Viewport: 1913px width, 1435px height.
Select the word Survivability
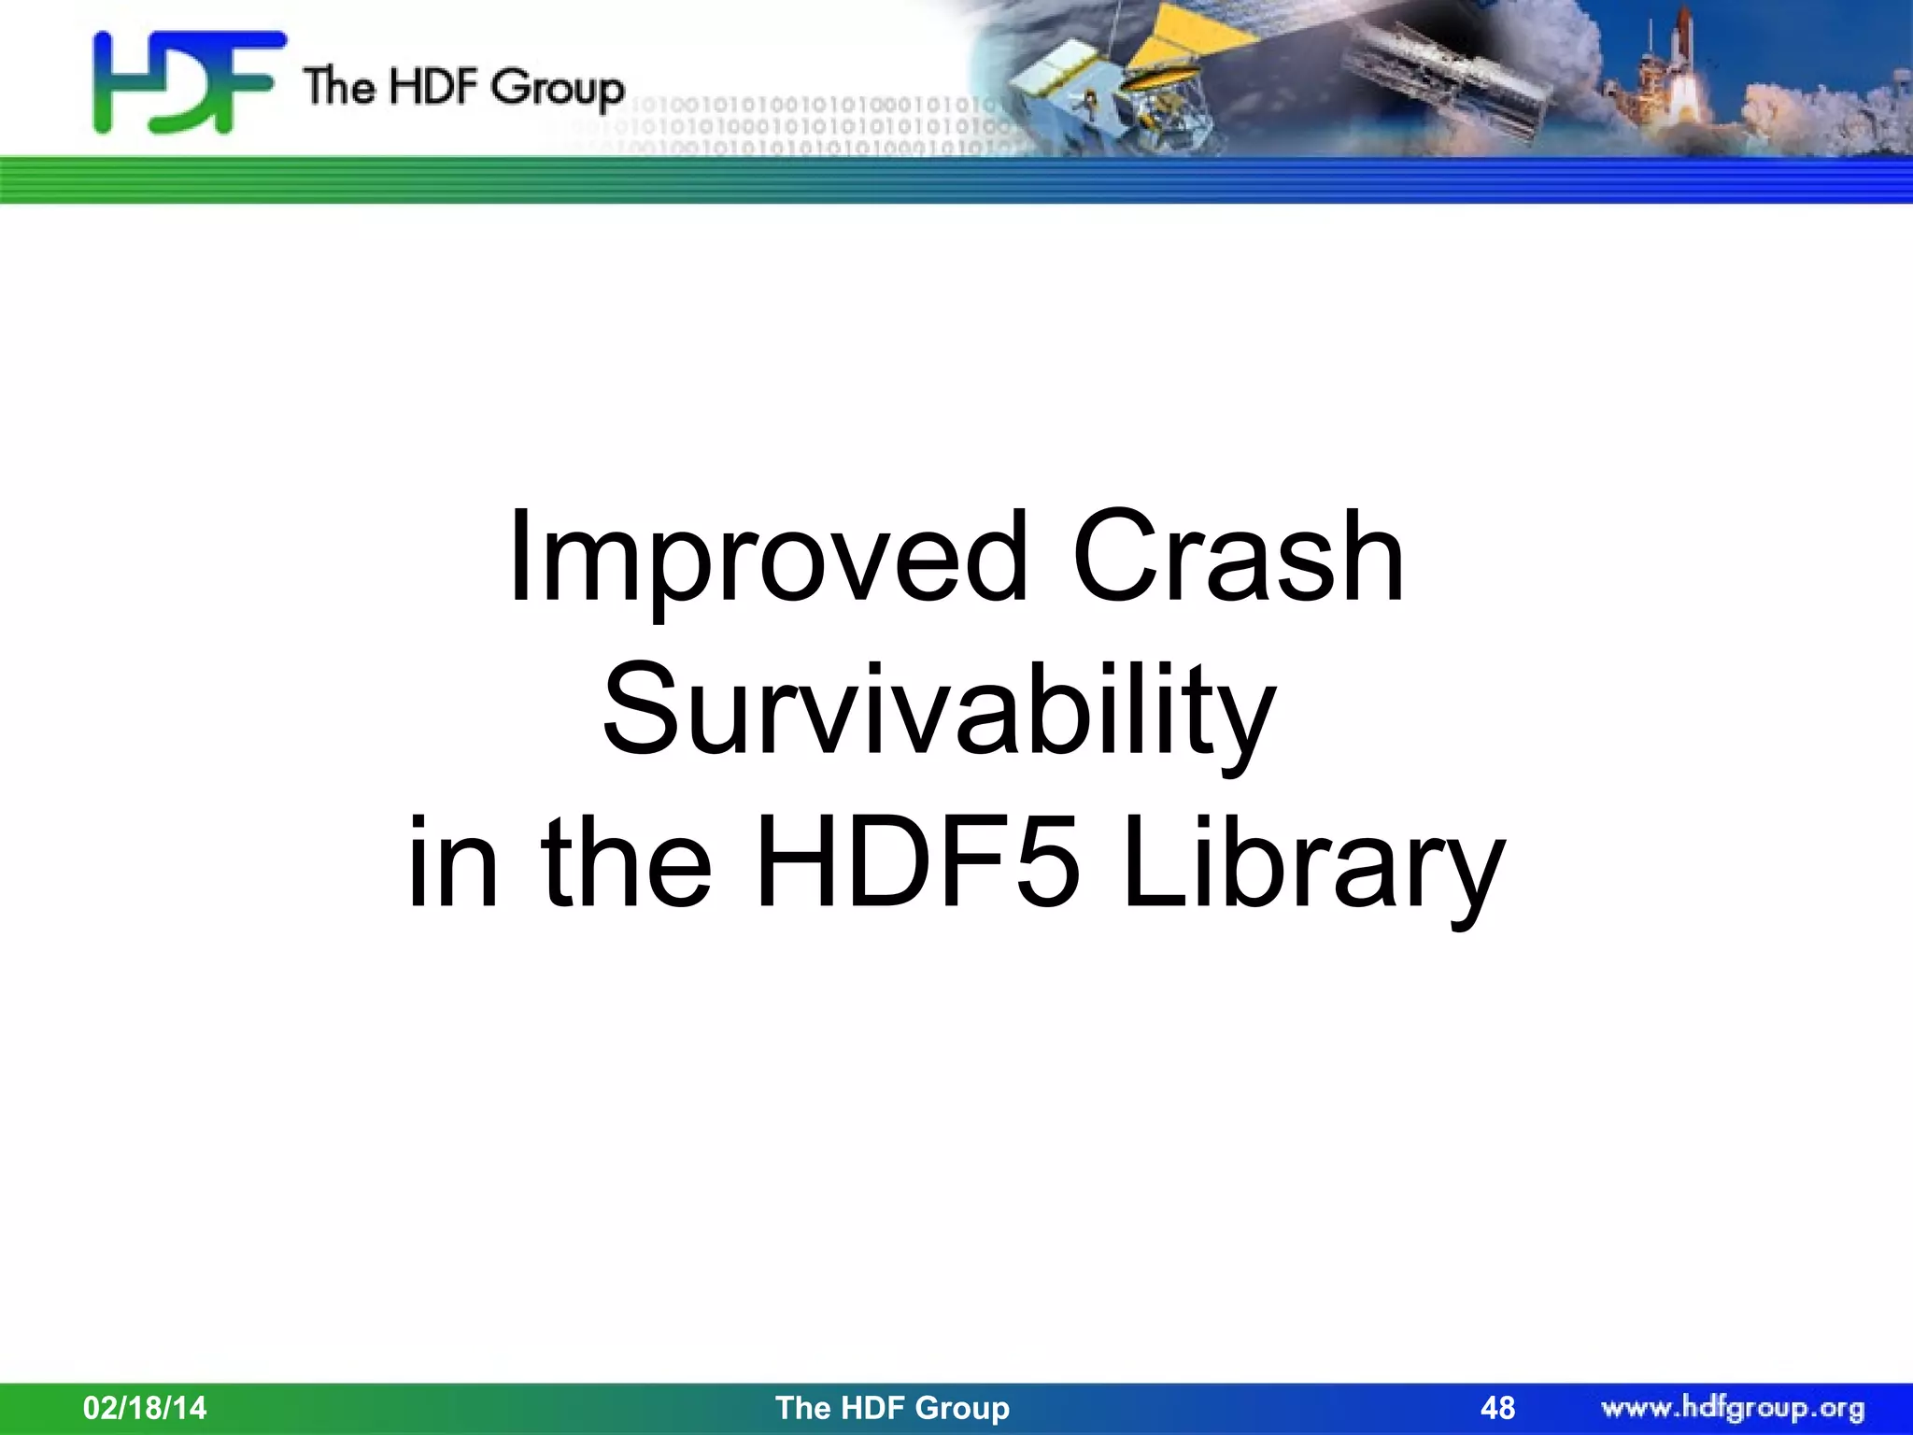click(x=939, y=710)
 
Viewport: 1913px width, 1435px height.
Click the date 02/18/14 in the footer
click(x=145, y=1407)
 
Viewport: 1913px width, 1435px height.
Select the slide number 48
click(x=1497, y=1407)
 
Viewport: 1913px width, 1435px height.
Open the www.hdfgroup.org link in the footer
click(x=1733, y=1407)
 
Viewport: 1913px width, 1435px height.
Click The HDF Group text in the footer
click(x=892, y=1407)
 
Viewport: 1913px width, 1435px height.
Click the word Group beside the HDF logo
click(x=557, y=88)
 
